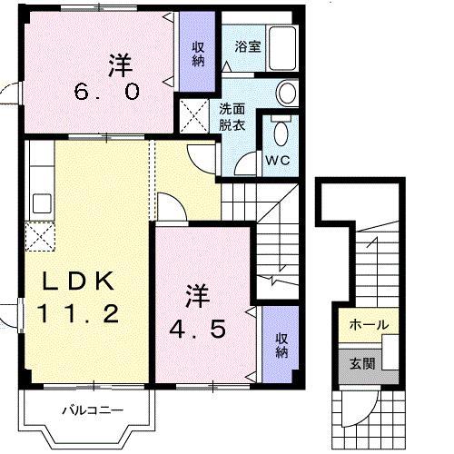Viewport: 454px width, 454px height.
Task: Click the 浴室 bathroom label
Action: [x=247, y=46]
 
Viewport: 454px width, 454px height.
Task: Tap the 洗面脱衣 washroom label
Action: [x=232, y=119]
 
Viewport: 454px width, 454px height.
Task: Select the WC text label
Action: [x=276, y=162]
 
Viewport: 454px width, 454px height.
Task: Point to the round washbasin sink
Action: [x=286, y=93]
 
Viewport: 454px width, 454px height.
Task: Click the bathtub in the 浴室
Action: [x=284, y=46]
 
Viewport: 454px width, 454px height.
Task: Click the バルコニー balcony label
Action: [x=92, y=410]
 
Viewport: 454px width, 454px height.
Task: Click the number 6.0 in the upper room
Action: [x=107, y=91]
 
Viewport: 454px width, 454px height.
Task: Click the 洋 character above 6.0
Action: [x=120, y=64]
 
